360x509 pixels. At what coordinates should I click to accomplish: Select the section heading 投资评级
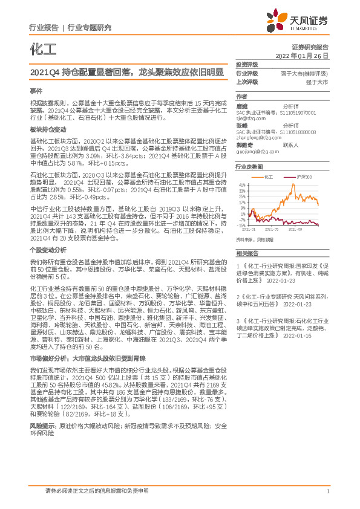[247, 64]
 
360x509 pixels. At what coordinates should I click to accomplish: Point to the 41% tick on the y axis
[242, 185]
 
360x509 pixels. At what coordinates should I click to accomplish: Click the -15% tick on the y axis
[241, 224]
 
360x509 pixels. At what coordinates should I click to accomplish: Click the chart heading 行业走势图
[250, 166]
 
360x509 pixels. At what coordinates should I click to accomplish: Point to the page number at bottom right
[327, 491]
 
